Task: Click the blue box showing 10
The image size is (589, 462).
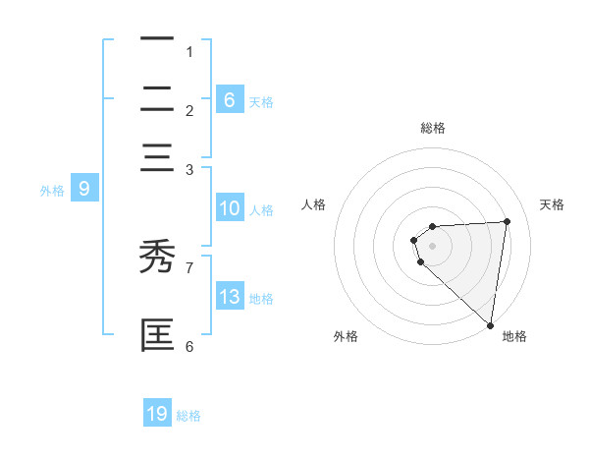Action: pos(229,208)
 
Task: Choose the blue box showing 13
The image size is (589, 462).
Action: pos(229,298)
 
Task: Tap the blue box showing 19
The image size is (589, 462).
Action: pos(157,414)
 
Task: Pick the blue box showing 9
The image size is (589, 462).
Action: pos(83,189)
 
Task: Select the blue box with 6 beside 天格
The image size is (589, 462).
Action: pos(229,99)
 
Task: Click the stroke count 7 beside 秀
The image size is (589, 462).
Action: pos(189,265)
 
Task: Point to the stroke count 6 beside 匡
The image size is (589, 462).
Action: pos(189,345)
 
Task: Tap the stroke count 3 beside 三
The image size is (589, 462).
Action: pos(189,170)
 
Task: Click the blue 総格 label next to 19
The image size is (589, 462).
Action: pos(188,416)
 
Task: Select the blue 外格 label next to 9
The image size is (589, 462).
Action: pos(52,191)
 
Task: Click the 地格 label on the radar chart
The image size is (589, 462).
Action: pos(514,336)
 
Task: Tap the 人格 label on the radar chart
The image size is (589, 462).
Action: pos(314,204)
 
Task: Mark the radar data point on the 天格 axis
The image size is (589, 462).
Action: pos(507,221)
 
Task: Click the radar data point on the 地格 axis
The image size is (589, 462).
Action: pos(490,325)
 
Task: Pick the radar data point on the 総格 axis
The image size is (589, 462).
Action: pos(432,226)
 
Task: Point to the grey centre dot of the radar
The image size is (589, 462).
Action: pos(432,246)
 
